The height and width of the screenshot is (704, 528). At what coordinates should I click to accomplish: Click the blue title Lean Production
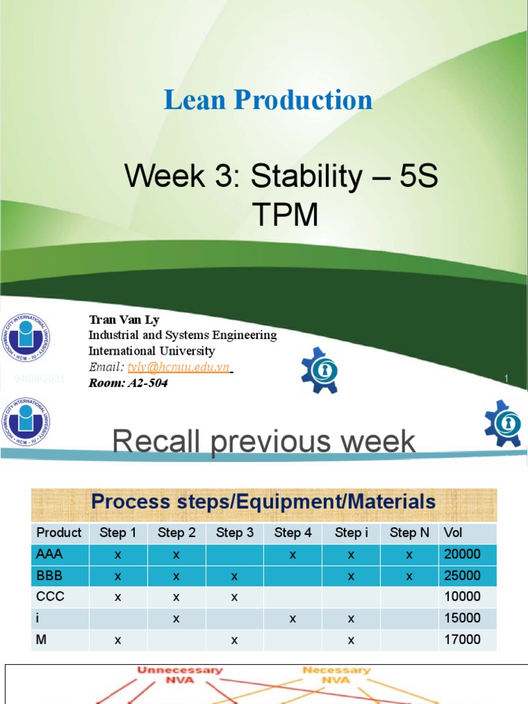pos(267,100)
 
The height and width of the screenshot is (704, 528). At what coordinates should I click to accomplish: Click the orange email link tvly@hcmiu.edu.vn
pos(178,367)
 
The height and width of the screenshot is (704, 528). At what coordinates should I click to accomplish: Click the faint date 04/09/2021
pos(40,379)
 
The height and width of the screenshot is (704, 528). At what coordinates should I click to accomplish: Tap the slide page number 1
pos(506,379)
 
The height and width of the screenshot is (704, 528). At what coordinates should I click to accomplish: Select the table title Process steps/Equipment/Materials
pos(263,502)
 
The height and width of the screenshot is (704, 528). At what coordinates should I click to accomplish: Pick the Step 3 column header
pos(234,533)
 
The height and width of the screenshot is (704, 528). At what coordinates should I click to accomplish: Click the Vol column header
pos(453,533)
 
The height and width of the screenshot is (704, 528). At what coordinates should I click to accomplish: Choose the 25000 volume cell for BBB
pos(463,575)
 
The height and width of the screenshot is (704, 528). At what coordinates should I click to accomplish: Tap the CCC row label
pos(50,597)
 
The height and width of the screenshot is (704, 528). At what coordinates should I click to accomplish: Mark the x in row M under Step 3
pos(234,639)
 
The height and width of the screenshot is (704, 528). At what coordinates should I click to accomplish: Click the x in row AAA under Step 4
pos(293,554)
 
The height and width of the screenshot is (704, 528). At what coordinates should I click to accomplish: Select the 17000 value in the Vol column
pos(463,639)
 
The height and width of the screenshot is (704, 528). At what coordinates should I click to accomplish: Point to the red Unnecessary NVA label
pos(180,674)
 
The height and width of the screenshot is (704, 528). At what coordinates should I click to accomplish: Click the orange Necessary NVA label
pos(337,674)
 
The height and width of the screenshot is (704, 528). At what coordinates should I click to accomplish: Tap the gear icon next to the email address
pos(320,371)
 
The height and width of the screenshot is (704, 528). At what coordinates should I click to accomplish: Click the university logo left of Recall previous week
pos(25,421)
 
